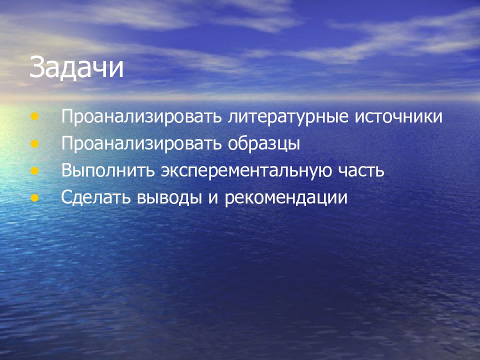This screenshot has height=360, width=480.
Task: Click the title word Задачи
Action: point(76,68)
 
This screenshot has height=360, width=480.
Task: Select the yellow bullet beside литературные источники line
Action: point(34,117)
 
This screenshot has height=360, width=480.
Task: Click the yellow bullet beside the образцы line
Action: point(34,144)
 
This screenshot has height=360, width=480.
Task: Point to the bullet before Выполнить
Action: point(34,170)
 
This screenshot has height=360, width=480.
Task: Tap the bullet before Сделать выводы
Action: point(34,197)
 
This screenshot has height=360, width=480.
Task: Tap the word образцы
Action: point(265,144)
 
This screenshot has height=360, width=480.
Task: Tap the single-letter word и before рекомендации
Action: point(212,198)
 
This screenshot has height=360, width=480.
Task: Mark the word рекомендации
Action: point(286,198)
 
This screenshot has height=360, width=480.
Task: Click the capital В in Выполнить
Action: point(67,171)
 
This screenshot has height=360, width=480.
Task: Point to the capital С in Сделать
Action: point(67,197)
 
